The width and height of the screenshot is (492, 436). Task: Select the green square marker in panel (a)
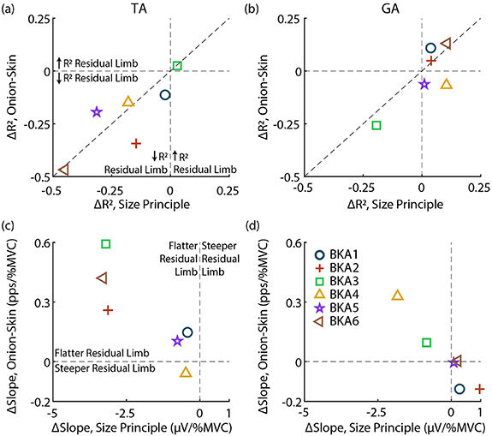(177, 66)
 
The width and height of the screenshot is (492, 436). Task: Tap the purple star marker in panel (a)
(96, 112)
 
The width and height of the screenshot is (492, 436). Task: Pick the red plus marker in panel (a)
(136, 143)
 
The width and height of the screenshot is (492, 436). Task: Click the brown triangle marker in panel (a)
(63, 170)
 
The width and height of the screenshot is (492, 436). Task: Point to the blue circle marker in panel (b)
(430, 49)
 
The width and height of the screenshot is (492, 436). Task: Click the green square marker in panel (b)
(376, 126)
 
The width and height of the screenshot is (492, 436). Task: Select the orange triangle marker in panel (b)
(446, 84)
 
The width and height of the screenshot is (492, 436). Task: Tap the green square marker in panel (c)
(106, 244)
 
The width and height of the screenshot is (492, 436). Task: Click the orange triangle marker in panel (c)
(187, 372)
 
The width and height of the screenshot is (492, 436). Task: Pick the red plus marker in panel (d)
(480, 389)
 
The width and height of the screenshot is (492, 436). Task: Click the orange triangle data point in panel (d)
(397, 296)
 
